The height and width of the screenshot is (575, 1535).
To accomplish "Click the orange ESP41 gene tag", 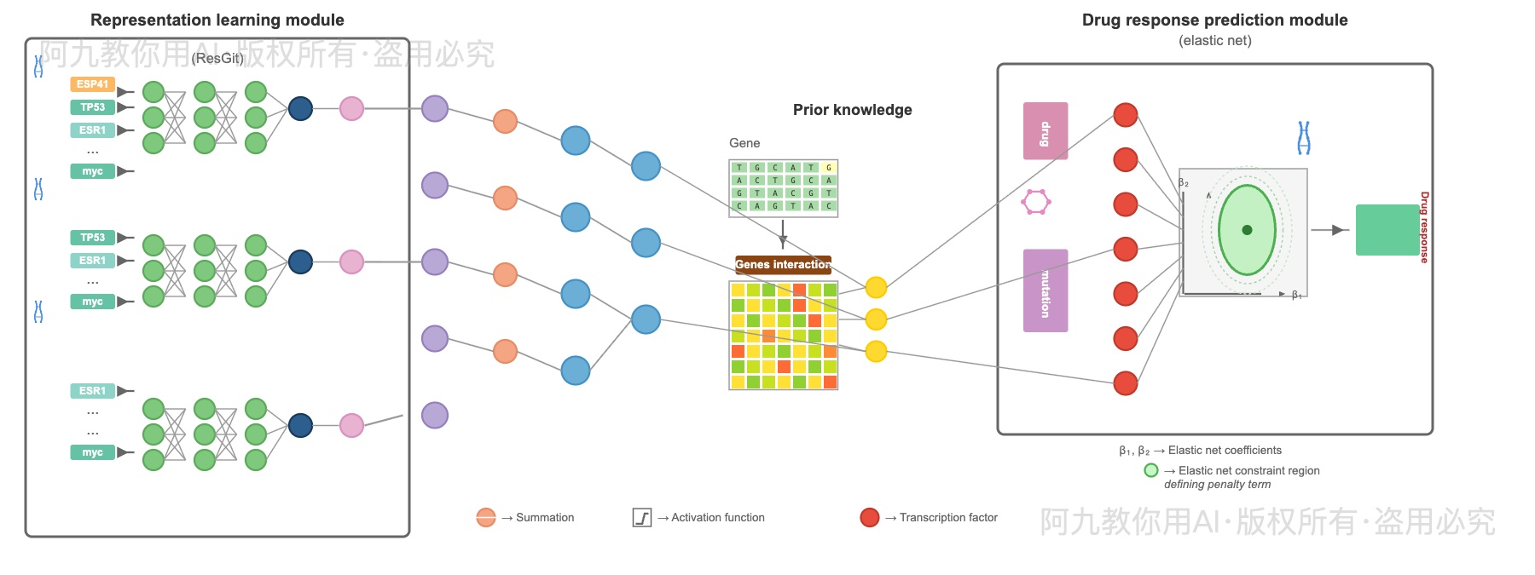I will pos(92,84).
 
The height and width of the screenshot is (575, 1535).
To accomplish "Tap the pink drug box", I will pos(1046,131).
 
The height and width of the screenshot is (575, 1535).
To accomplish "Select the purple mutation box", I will pos(1046,290).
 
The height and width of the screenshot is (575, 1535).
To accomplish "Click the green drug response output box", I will pos(1387,230).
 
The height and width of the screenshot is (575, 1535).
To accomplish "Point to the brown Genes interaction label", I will pos(783,264).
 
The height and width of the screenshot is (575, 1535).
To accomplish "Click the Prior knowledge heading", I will pos(852,110).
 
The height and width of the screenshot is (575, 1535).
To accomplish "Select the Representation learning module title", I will pos(217,20).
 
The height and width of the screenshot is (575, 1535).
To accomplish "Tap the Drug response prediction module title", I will pos(1214,20).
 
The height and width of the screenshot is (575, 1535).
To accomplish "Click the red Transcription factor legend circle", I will pos(870,517).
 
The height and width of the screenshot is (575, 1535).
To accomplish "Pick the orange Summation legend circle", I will pos(486,517).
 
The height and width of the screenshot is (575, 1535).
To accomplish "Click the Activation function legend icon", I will pos(642,517).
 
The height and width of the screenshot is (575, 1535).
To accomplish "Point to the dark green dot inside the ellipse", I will pos(1247,230).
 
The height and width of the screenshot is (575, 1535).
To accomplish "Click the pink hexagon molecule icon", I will pos(1036,202).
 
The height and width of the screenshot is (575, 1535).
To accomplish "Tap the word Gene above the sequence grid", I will pos(744,143).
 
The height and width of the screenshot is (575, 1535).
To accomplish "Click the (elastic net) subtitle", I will pos(1214,40).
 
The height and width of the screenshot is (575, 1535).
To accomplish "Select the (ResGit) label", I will pos(217,58).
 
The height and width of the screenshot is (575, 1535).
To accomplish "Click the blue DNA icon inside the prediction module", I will pos(1304,137).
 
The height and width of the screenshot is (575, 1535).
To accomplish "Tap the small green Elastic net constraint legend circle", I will pos(1151,470).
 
